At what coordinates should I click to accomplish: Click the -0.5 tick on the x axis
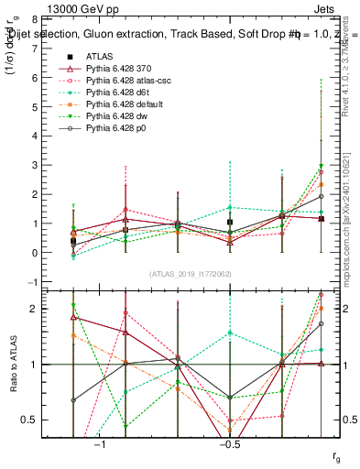click(229, 444)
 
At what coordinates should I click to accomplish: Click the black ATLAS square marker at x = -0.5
click(231, 222)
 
